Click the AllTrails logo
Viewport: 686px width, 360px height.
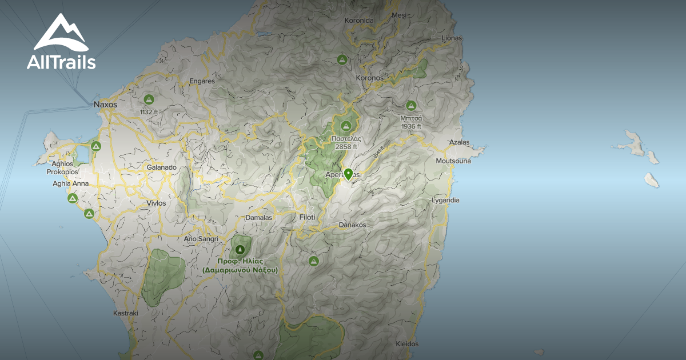61,43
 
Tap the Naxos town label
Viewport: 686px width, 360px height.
105,105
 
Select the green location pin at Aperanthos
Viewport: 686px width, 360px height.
348,174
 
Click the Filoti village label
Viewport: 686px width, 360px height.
307,217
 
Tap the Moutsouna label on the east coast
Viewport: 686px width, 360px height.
453,161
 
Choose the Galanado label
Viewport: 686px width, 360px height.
162,167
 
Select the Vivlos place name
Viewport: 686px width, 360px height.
156,203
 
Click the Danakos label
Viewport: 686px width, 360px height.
352,225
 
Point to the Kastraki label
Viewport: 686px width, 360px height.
126,313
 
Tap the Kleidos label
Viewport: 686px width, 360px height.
407,344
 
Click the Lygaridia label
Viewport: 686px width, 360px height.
446,201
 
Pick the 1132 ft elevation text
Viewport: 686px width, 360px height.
150,112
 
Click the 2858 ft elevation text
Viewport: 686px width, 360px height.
346,147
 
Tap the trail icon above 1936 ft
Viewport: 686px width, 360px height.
410,106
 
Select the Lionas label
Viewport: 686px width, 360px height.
452,38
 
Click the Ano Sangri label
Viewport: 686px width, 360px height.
198,238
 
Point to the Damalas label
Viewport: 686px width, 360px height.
258,217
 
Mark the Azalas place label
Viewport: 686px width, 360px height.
459,142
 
